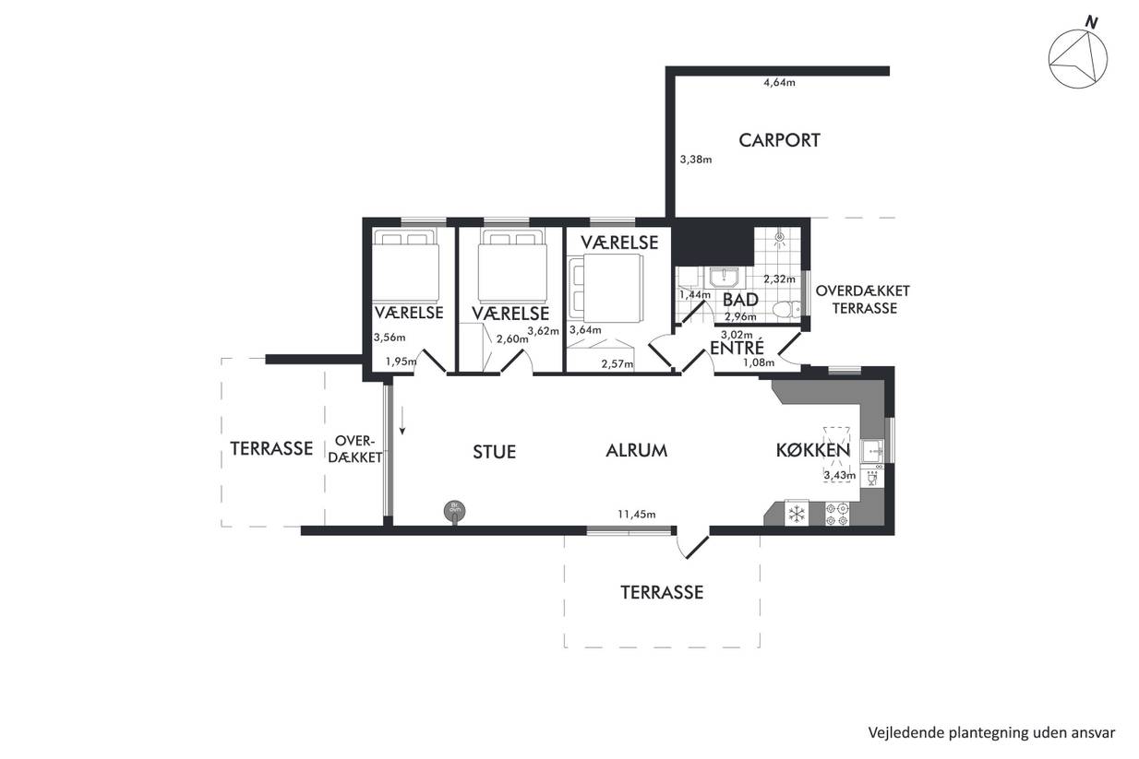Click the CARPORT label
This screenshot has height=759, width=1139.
point(779,140)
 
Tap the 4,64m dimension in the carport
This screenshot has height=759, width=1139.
point(779,83)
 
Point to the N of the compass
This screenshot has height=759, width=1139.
point(1092,22)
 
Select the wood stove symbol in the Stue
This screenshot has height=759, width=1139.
point(454,511)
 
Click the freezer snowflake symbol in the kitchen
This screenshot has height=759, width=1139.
point(797,513)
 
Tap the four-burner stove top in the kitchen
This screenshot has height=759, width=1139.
point(836,514)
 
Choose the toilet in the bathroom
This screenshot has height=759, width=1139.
point(786,309)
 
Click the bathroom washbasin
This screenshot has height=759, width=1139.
point(724,278)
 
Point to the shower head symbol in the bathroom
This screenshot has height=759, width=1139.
point(780,238)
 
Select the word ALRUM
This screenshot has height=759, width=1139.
point(636,451)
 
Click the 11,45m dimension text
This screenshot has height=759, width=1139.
point(636,514)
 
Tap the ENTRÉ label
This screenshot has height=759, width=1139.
point(737,348)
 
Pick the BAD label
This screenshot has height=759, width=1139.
point(740,300)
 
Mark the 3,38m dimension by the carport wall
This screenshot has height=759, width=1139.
point(696,160)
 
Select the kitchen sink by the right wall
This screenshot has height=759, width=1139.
point(872,451)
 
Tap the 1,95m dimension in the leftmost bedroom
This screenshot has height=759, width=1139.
point(401,362)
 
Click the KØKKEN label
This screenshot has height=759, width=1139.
point(812,450)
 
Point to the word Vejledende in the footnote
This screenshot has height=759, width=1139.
point(897,732)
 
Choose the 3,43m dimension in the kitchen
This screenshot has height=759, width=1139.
point(840,476)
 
